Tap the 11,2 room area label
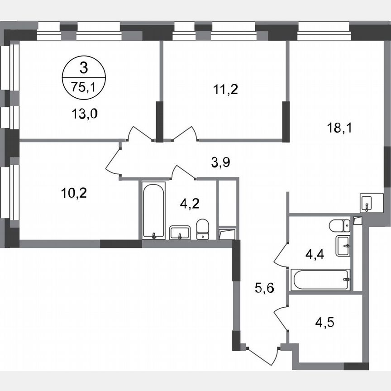click(225, 89)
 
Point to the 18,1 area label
click(339, 128)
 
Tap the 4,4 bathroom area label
click(315, 255)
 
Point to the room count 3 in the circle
click(83, 69)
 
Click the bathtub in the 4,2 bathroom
click(154, 210)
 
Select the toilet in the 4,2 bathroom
click(203, 229)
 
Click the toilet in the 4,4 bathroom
click(339, 225)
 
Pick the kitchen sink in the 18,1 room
click(367, 203)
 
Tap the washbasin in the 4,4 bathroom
click(343, 246)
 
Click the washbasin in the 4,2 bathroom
click(180, 233)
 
